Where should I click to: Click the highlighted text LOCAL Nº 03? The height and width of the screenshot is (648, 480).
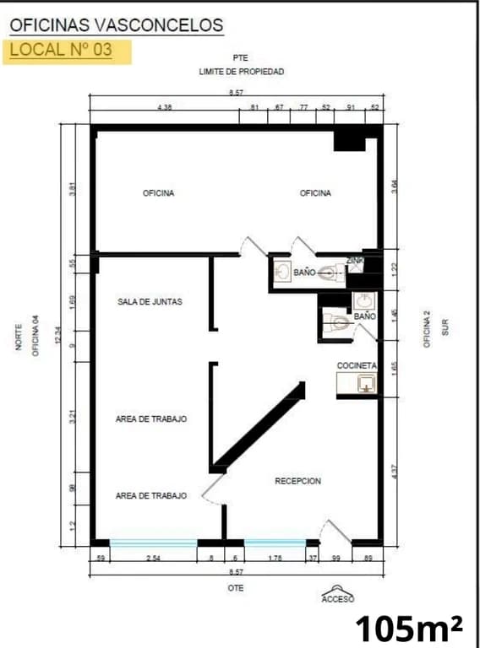61,50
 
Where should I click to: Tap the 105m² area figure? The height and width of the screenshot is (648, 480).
408,628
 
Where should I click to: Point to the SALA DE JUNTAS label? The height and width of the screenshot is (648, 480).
150,301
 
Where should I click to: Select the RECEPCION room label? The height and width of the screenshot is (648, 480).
297,481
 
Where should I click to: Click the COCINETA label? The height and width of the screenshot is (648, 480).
357,365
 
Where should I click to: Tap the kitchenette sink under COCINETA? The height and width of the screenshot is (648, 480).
365,385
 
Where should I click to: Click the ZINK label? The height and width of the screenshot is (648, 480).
355,262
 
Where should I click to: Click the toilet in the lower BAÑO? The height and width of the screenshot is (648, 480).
339,322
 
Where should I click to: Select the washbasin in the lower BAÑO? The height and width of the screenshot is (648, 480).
363,301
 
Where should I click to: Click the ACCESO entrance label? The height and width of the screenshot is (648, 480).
337,599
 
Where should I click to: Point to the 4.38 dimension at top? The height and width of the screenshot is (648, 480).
164,108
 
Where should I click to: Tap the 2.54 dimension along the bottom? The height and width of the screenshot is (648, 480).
153,558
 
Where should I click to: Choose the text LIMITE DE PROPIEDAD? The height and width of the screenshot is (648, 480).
241,73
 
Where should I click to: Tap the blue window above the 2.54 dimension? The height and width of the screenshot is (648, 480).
153,543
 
